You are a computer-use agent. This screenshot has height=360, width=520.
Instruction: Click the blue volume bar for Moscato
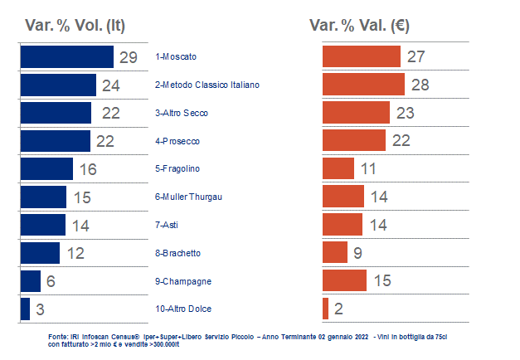66,57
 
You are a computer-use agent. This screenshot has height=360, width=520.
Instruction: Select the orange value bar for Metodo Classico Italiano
363,85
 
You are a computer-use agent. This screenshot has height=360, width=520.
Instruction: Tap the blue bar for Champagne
30,281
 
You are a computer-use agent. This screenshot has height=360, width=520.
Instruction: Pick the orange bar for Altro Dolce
325,309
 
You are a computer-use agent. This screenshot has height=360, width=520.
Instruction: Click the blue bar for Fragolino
48,169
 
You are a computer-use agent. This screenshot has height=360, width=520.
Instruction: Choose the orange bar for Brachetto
334,252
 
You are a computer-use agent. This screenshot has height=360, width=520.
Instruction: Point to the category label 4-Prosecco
177,141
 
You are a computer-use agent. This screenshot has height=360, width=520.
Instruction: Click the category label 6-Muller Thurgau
188,197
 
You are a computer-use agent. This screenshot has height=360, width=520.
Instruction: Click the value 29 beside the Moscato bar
128,58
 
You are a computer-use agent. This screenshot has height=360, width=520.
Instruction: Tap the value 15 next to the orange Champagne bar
382,281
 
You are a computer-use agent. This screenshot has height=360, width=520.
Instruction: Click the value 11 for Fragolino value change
369,169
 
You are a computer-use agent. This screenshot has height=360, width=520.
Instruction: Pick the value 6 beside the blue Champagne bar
51,281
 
